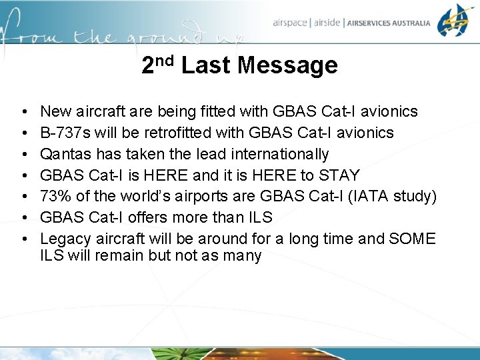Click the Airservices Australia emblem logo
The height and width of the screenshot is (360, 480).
point(455,20)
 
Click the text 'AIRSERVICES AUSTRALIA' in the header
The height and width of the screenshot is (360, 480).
point(389,23)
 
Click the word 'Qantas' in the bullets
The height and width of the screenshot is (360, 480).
point(63,155)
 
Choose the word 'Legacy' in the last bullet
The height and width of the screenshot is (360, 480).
point(63,239)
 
